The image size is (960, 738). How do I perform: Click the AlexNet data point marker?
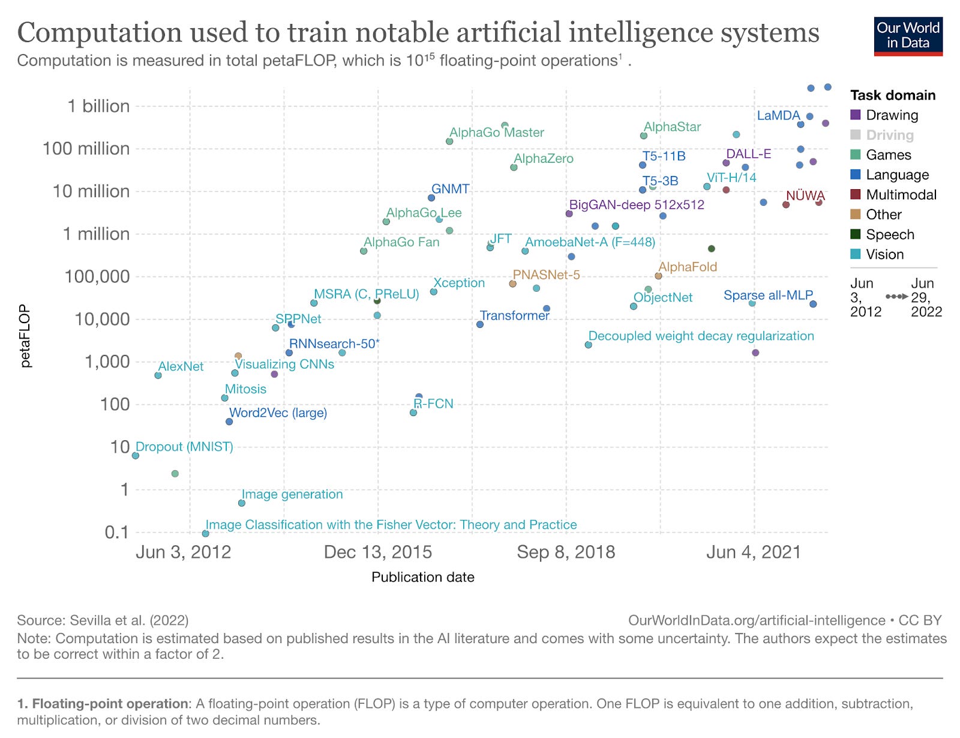tap(158, 375)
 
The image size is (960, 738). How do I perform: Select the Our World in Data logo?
tap(908, 35)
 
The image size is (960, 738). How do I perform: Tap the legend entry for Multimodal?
tap(901, 195)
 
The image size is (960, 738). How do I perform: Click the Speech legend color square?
tap(856, 234)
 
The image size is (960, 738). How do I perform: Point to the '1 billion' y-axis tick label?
tap(98, 106)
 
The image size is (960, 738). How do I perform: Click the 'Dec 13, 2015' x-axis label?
tap(377, 552)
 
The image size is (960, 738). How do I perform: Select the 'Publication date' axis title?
tap(422, 577)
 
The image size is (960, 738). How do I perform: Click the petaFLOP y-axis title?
tap(25, 336)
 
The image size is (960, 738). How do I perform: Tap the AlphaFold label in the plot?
tap(688, 267)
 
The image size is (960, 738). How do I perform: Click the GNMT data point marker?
tap(431, 198)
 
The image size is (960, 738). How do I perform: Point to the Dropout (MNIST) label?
tap(184, 447)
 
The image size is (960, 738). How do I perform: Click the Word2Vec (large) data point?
tap(229, 422)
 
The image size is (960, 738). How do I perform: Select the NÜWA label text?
tap(805, 196)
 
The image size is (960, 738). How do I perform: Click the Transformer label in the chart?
tap(514, 315)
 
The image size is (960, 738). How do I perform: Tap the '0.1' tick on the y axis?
tap(116, 532)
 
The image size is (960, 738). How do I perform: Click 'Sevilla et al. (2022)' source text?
tap(129, 620)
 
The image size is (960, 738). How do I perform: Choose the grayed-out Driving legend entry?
tap(889, 135)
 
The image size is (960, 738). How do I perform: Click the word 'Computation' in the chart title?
tap(99, 32)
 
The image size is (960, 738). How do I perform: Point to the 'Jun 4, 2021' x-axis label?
tap(754, 552)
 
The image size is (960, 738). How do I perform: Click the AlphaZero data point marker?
tap(514, 168)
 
